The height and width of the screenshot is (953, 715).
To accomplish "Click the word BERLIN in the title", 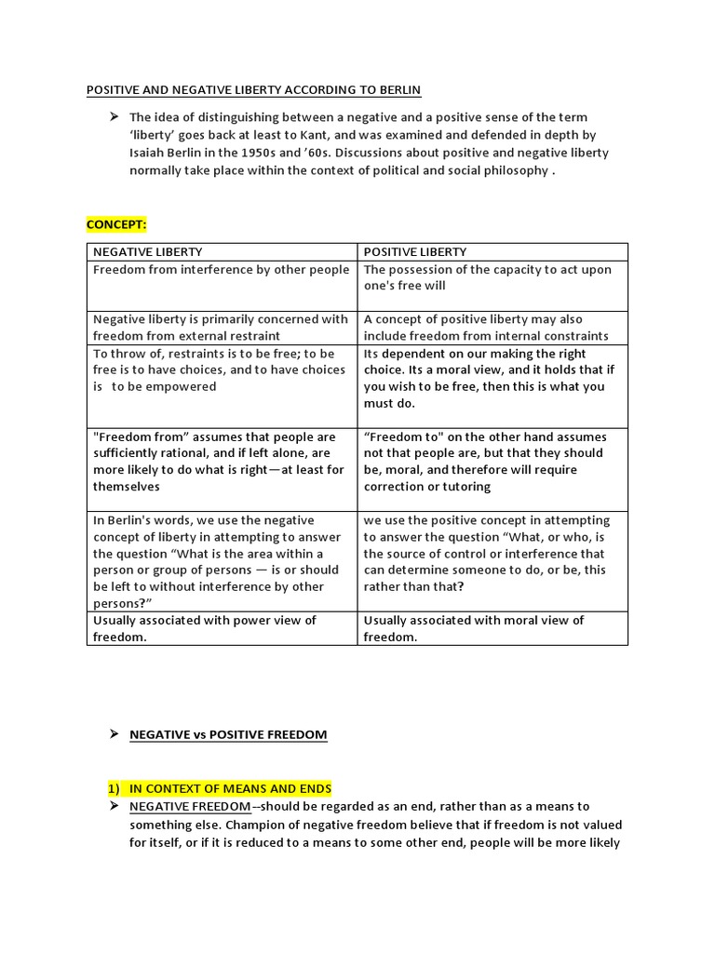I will [x=398, y=90].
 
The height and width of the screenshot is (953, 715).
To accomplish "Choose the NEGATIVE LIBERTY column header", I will [x=147, y=252].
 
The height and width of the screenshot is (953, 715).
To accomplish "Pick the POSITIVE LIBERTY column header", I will [x=415, y=252].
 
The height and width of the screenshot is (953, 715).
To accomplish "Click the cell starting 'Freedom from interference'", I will [x=222, y=270].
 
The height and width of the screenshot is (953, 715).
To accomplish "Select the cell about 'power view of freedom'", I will [x=222, y=628].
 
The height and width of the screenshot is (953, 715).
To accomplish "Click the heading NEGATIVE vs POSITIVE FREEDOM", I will [x=228, y=734].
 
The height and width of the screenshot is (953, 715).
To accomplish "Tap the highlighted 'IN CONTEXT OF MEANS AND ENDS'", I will [x=230, y=789].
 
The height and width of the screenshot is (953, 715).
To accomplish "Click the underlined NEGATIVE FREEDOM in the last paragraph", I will [x=190, y=807].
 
